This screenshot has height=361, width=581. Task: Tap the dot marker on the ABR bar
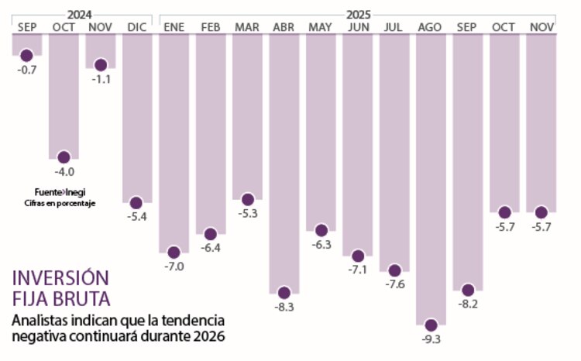pos(284,293)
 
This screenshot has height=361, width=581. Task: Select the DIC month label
pos(136,27)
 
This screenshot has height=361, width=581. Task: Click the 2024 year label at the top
pos(81,14)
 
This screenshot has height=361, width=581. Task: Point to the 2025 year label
pos(358,14)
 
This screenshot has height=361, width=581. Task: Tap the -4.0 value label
pos(64,172)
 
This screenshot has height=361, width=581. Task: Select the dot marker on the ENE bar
pos(174,252)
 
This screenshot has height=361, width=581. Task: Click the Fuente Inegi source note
pos(59,192)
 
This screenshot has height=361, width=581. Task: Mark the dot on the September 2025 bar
pos(467,289)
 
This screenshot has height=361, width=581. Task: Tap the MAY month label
pos(320,27)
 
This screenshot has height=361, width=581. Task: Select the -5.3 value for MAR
pos(247,215)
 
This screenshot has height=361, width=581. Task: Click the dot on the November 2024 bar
pos(100,64)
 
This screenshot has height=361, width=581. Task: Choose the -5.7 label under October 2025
pos(504,227)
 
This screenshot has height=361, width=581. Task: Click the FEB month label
pos(210,27)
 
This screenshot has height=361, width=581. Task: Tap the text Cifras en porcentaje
pos(59,203)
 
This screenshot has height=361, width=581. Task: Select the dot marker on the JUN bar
pos(358,255)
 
